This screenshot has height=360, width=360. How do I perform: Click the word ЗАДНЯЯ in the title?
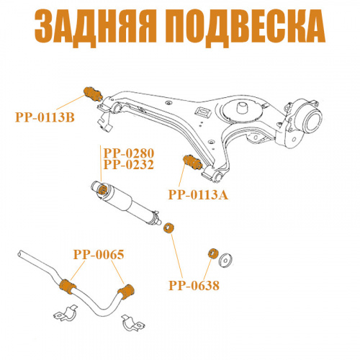point(96,27)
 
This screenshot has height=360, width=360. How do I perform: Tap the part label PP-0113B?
point(45,117)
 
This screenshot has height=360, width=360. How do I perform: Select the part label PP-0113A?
point(198,194)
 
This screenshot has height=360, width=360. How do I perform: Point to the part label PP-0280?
point(129,153)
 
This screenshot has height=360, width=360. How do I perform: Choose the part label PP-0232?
point(129,164)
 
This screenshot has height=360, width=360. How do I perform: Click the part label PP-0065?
point(99,254)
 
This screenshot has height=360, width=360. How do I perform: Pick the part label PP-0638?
point(194,286)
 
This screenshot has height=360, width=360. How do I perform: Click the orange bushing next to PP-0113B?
point(93,94)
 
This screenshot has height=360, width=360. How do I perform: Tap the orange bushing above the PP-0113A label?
point(193,162)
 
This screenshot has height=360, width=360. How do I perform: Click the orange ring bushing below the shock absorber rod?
point(168,228)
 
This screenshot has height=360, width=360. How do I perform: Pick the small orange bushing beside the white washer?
point(213,253)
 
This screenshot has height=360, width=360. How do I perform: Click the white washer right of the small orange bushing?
point(225,260)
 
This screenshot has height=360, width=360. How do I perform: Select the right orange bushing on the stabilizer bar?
point(127,292)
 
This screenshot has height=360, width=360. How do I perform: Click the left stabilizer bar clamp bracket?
point(66,312)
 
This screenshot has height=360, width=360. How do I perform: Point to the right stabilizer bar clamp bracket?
point(133,323)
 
